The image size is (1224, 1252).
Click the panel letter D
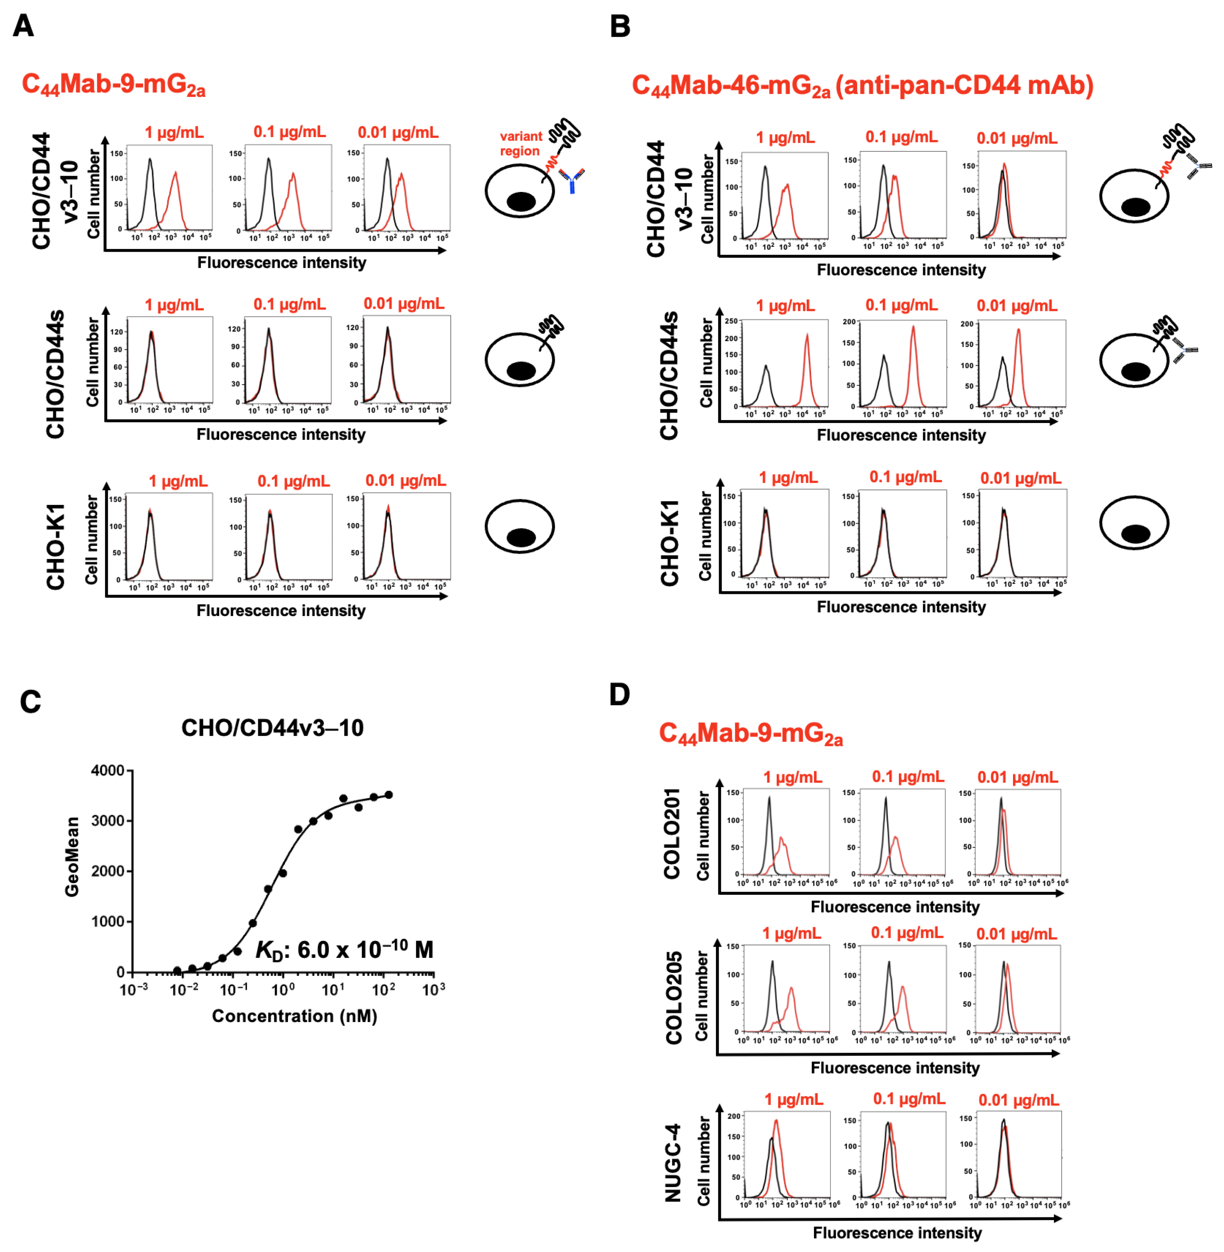point(619,695)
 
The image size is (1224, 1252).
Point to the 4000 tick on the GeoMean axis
point(108,770)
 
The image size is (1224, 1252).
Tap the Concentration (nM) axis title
point(294,1016)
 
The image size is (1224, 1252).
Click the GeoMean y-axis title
point(72,857)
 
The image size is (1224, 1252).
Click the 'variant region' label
point(521,143)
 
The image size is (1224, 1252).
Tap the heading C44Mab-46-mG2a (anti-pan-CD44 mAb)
point(862,86)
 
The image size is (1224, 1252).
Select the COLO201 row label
point(672,834)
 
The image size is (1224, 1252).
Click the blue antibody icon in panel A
point(571,180)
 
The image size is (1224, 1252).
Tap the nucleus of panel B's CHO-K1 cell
point(1135,533)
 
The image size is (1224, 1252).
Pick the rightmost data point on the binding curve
point(388,795)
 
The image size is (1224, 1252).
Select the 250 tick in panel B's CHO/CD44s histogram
point(731,321)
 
